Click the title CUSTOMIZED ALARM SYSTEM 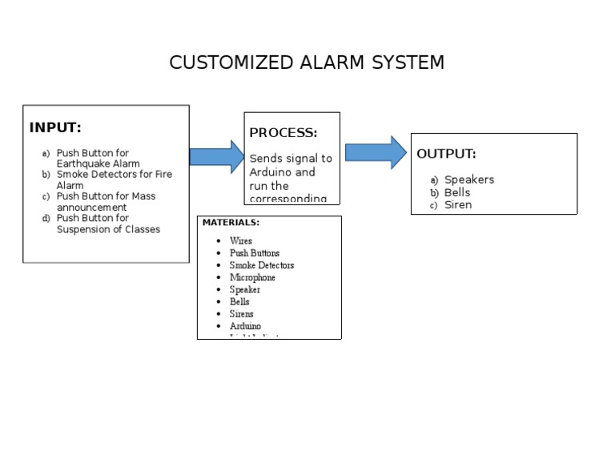(307, 63)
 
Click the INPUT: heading (55, 127)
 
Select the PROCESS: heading (283, 133)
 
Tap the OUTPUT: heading (446, 154)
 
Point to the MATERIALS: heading (231, 223)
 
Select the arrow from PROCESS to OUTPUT (376, 152)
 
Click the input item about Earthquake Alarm (96, 159)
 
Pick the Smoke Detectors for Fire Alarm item (112, 180)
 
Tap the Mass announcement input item (104, 201)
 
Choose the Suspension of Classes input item (107, 224)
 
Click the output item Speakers (469, 180)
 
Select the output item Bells (457, 192)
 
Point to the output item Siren (458, 204)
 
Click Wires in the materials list (240, 240)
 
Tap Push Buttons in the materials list (255, 253)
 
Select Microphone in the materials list (252, 277)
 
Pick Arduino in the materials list (245, 326)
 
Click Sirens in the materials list (241, 314)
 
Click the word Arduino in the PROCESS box (271, 172)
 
